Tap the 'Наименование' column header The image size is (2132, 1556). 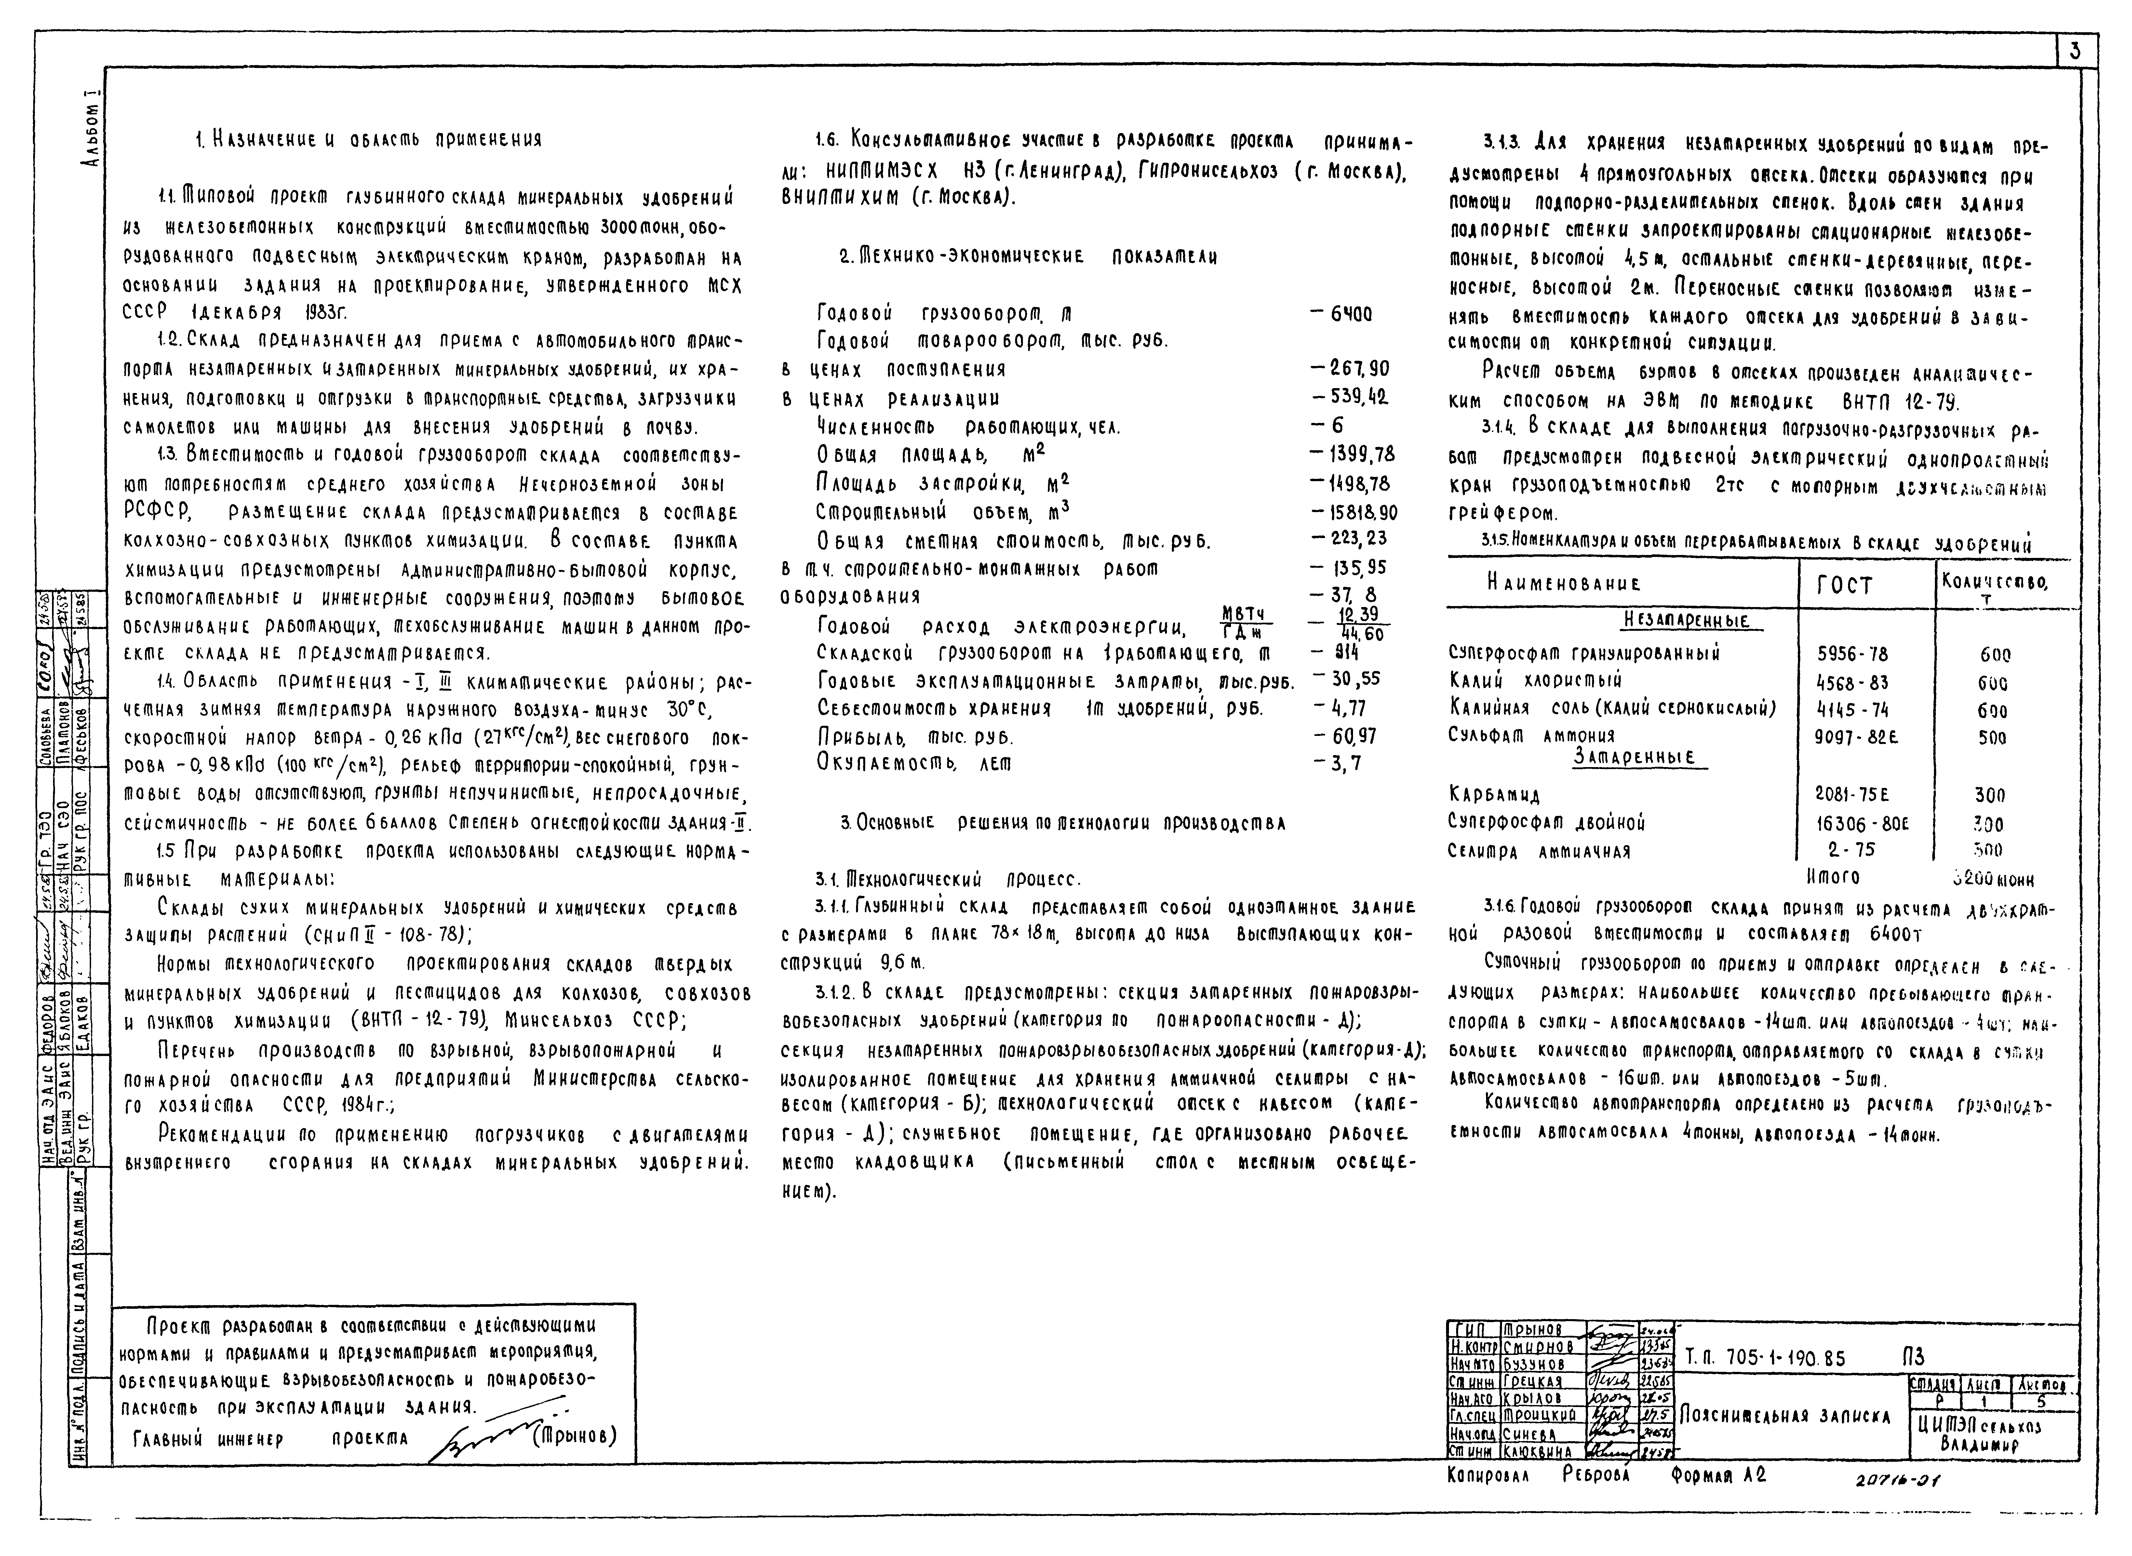(x=1563, y=584)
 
